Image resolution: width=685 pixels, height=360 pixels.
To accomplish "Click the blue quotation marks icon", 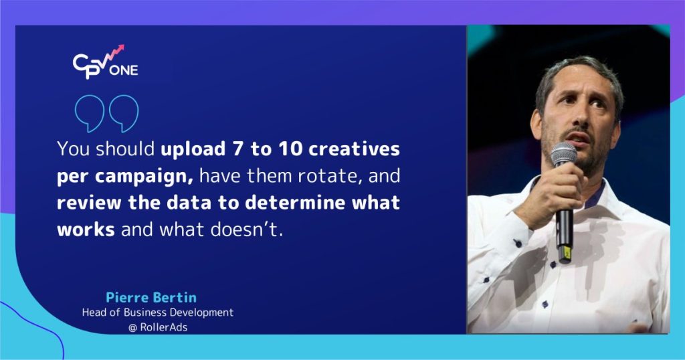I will (107, 113).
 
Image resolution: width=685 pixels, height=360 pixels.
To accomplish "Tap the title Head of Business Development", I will (157, 312).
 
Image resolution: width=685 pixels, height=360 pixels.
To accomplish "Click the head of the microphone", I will (563, 155).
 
